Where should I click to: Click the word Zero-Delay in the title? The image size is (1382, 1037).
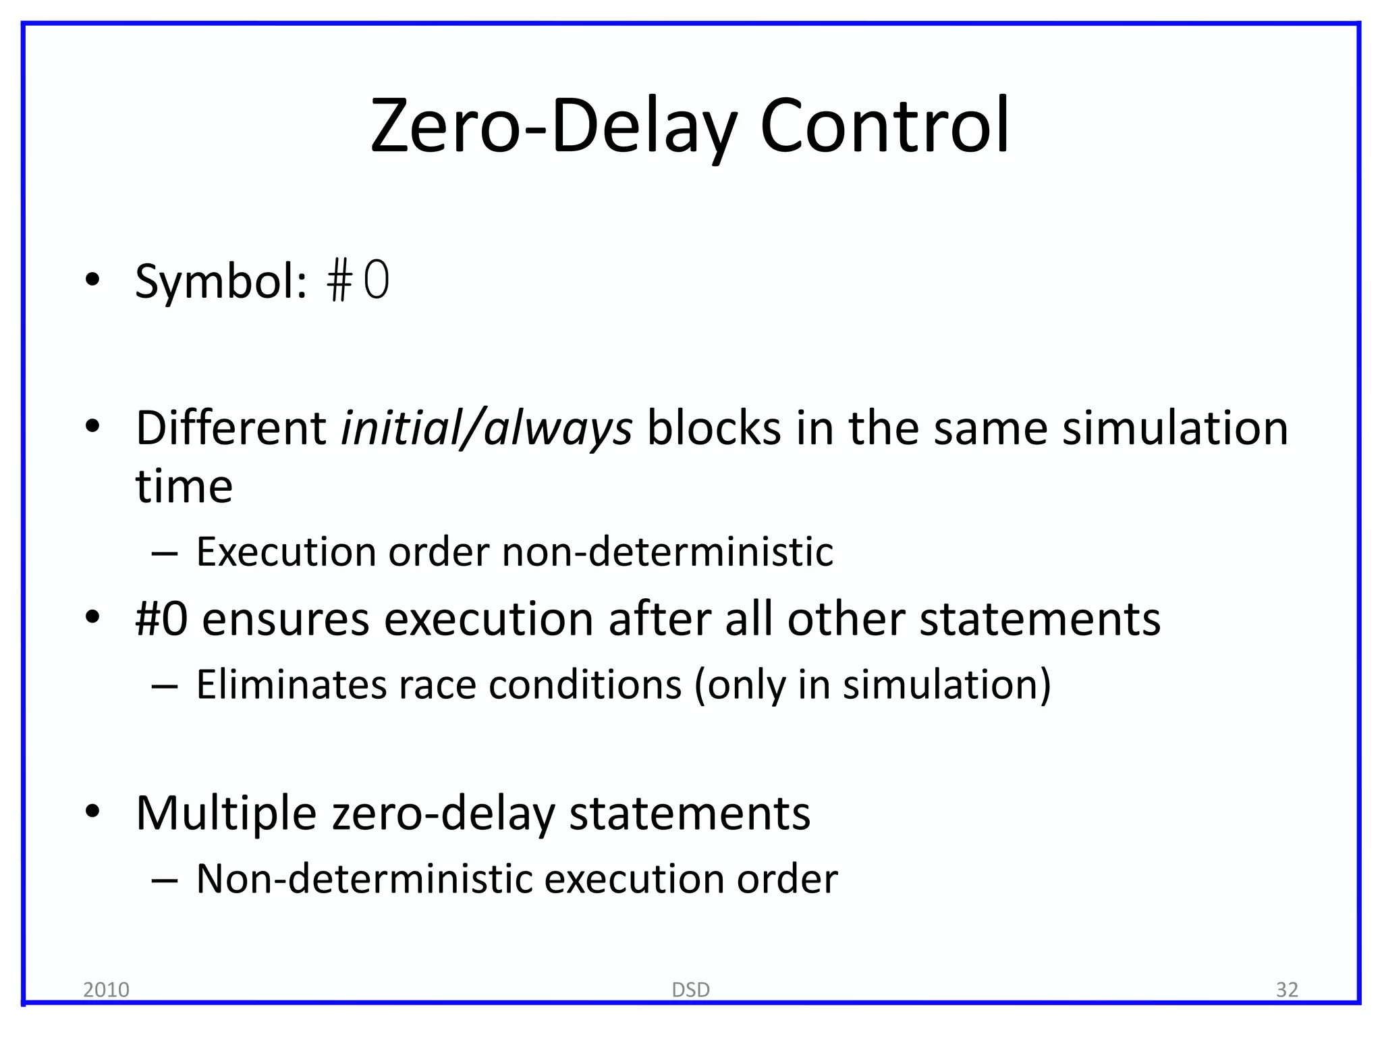553,127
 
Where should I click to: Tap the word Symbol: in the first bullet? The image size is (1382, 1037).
221,282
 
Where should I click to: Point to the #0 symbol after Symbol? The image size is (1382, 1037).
358,282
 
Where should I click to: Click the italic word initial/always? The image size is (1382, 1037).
487,429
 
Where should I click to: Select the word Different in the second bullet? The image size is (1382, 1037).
231,429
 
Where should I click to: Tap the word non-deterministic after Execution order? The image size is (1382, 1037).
667,552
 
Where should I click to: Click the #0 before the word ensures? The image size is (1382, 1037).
161,619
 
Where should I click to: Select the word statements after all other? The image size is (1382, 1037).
1040,619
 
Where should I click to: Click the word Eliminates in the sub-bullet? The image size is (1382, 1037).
290,685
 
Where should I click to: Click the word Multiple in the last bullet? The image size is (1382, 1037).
226,814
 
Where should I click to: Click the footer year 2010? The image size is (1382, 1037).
106,990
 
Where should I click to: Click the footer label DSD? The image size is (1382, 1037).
691,990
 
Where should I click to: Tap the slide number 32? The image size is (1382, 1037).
1287,990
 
